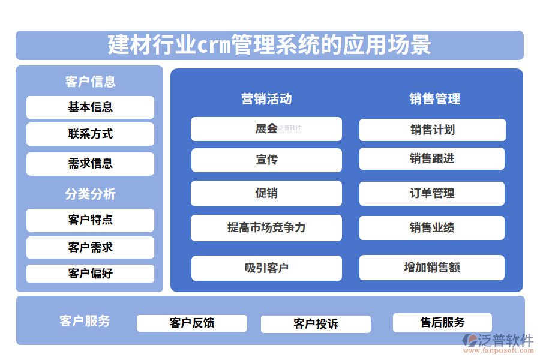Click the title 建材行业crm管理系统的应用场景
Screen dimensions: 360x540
[x=269, y=45]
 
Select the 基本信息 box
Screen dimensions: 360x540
[x=90, y=107]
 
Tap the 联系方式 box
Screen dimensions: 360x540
[x=90, y=134]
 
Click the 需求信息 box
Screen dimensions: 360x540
[x=90, y=163]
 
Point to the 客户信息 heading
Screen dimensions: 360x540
[x=90, y=81]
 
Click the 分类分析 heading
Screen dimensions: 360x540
[x=90, y=194]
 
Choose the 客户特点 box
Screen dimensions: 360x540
[x=90, y=220]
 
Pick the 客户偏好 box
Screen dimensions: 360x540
[x=90, y=274]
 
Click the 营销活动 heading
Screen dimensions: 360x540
[x=266, y=98]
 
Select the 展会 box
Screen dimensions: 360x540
[x=266, y=128]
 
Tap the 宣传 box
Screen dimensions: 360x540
[x=266, y=160]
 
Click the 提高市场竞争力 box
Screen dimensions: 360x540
[x=266, y=227]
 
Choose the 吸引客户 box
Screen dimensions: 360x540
[x=266, y=268]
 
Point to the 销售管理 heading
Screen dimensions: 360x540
[x=434, y=98]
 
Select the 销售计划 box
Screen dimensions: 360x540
[x=432, y=130]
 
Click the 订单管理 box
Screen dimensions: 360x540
[x=432, y=193]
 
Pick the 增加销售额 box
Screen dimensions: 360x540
[x=432, y=268]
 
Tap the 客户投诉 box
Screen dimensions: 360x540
[x=316, y=324]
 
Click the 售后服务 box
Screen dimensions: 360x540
[x=442, y=322]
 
